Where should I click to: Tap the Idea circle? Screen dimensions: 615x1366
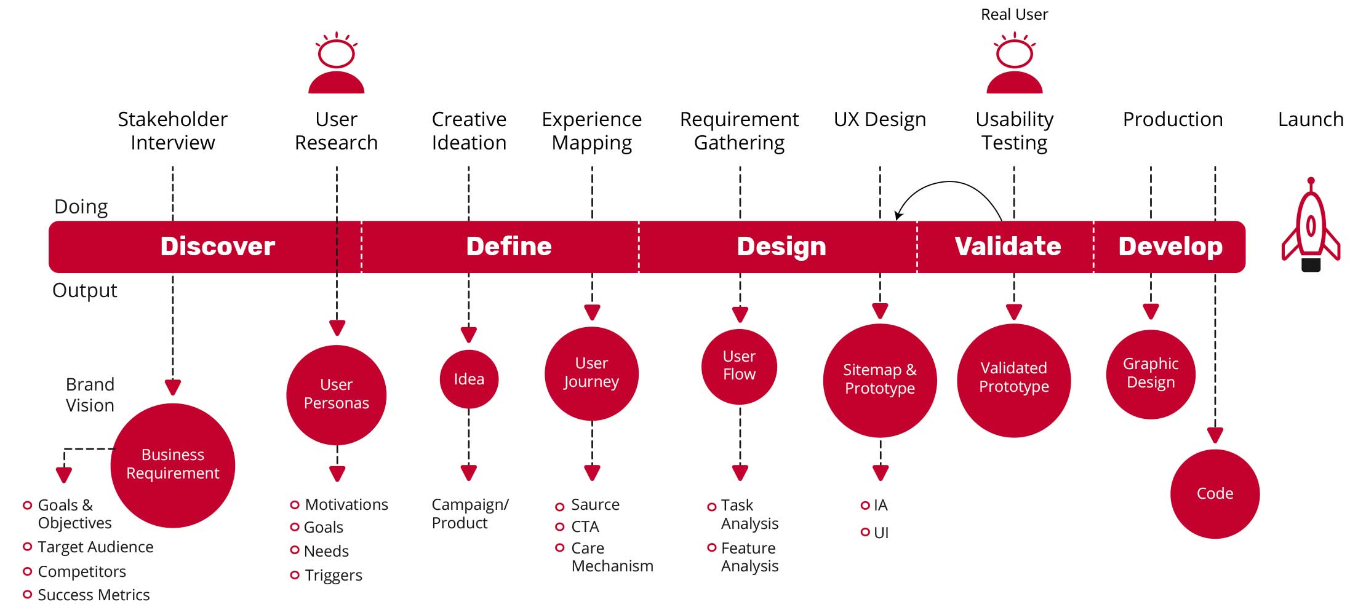pyautogui.click(x=469, y=379)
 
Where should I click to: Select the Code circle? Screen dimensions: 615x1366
pyautogui.click(x=1215, y=494)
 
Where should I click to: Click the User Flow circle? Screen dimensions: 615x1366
pyautogui.click(x=739, y=366)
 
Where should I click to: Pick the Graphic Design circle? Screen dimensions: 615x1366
pyautogui.click(x=1151, y=374)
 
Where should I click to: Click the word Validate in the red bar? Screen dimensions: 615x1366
pyautogui.click(x=1007, y=247)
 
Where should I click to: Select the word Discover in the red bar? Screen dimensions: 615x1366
pyautogui.click(x=217, y=247)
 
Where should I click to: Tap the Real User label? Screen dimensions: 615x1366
pyautogui.click(x=1014, y=15)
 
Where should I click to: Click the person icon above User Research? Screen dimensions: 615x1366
pyautogui.click(x=336, y=63)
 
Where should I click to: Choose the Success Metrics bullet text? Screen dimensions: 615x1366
pyautogui.click(x=94, y=595)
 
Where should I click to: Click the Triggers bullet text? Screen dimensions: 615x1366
pyautogui.click(x=333, y=575)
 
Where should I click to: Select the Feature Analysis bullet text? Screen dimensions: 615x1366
pyautogui.click(x=749, y=557)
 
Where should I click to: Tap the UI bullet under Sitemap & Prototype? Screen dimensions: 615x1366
pyautogui.click(x=881, y=533)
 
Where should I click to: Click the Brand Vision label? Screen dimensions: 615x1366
pyautogui.click(x=90, y=395)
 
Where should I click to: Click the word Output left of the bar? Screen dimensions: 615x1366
pyautogui.click(x=84, y=290)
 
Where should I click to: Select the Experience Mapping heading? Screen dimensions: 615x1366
pyautogui.click(x=591, y=131)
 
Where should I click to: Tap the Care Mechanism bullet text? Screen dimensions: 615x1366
pyautogui.click(x=611, y=557)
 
